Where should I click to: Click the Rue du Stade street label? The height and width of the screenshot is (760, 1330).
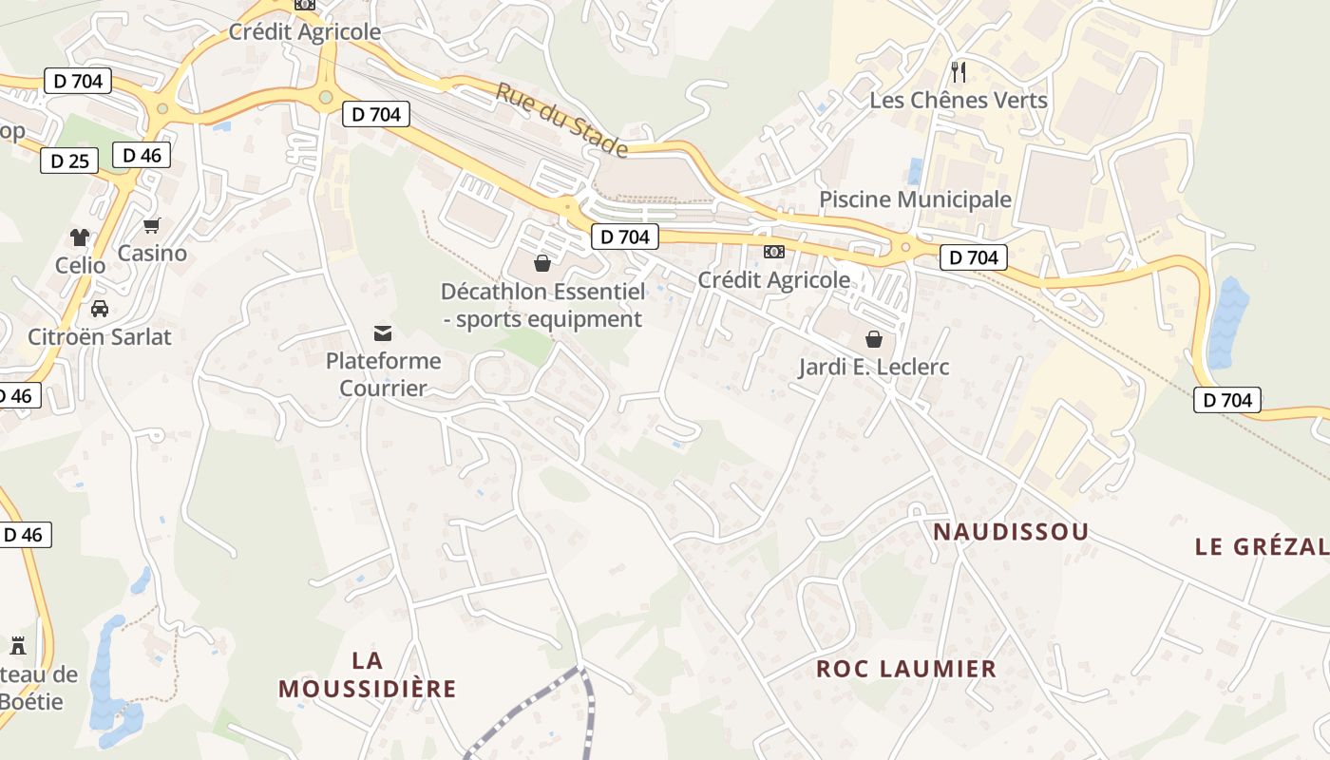point(561,120)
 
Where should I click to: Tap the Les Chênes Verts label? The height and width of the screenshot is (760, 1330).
point(959,100)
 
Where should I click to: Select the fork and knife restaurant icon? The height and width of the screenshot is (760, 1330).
point(959,71)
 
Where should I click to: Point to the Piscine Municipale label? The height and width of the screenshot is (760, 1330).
point(915,199)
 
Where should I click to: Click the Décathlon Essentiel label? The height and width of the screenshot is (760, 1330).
point(542,305)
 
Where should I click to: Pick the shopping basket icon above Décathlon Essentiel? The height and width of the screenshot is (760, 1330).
point(541,262)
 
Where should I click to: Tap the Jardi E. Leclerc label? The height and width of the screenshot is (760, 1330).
point(874,367)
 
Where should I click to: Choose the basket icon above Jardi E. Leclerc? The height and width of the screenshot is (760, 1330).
point(873,338)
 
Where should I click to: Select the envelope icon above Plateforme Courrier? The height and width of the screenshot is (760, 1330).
point(383,332)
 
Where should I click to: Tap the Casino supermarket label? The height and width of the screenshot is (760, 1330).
point(152,254)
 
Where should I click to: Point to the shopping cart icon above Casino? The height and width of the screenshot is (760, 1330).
point(151,226)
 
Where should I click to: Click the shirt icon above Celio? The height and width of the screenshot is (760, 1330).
point(80,237)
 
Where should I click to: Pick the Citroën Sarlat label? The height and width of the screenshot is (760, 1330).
point(100,336)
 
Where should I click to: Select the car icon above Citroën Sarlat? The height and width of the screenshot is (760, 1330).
point(99,309)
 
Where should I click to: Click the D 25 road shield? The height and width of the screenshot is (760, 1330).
point(69,161)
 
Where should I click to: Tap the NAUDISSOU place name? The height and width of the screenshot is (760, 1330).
point(1011,532)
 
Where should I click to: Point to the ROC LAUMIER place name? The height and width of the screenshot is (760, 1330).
point(906,669)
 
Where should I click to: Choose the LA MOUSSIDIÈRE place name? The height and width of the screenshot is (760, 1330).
point(368,674)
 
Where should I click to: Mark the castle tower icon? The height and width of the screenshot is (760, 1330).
point(17,646)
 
